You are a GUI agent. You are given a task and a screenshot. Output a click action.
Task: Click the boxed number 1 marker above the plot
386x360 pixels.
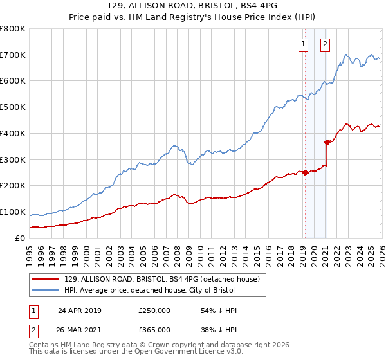point(303,44)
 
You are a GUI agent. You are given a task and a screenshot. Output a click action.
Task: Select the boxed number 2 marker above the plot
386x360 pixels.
point(325,44)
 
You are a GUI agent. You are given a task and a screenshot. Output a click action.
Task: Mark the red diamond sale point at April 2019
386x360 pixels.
point(305,172)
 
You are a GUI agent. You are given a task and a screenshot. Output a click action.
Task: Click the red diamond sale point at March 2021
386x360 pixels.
point(327,142)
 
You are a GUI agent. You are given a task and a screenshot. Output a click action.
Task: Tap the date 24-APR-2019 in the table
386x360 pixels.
point(80,310)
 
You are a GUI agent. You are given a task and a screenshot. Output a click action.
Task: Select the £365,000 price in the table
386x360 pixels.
point(154,329)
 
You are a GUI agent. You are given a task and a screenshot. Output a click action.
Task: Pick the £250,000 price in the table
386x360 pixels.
point(154,310)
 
